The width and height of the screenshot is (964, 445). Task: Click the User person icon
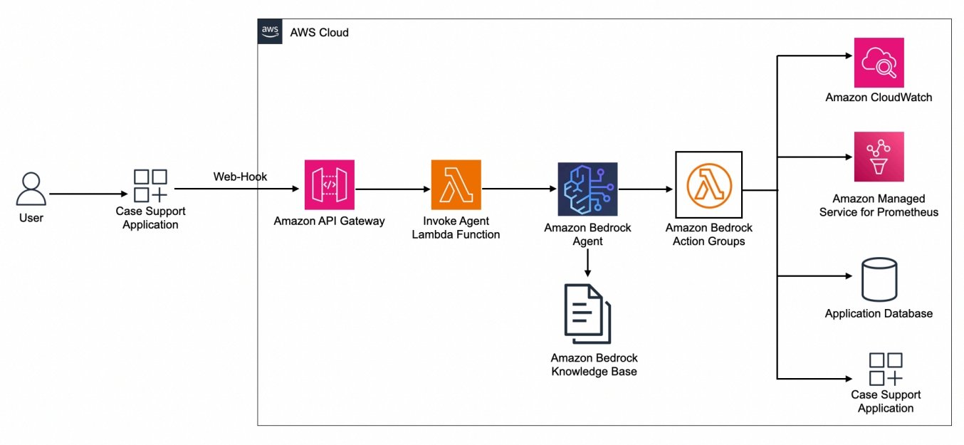coord(31,189)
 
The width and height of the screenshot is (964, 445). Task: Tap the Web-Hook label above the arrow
coord(240,177)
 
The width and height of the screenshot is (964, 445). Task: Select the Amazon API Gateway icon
coord(329,185)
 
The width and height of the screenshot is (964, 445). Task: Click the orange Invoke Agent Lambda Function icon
coord(456,185)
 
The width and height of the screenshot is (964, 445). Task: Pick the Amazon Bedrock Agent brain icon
coord(587,189)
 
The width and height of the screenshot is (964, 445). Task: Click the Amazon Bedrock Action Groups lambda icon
coord(708,184)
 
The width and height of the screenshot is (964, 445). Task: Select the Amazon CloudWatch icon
coord(879,63)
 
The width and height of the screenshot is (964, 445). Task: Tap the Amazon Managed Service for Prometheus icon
coord(879,157)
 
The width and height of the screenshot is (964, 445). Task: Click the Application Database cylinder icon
coord(879,280)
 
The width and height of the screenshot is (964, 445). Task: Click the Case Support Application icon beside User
coord(150,185)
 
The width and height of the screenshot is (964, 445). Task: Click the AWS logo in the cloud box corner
coord(270,32)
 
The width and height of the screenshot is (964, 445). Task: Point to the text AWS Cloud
coord(319,33)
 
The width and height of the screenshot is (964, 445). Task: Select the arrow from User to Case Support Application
coord(88,194)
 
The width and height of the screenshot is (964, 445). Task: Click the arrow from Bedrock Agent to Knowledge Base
coord(587,263)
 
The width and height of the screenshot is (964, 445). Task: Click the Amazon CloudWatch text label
coord(879,98)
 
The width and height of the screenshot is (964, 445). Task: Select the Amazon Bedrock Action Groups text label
coord(708,234)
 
